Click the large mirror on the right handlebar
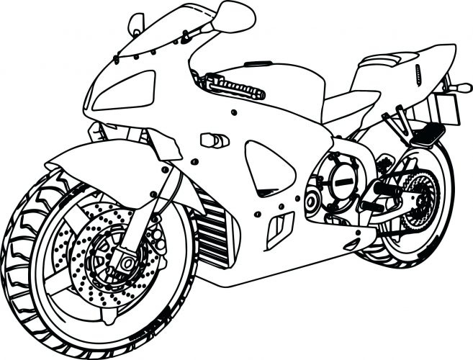pos(234,16)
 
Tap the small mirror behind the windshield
pos(136,24)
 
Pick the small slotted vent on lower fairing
pos(279,226)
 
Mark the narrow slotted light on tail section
pos(418,72)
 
